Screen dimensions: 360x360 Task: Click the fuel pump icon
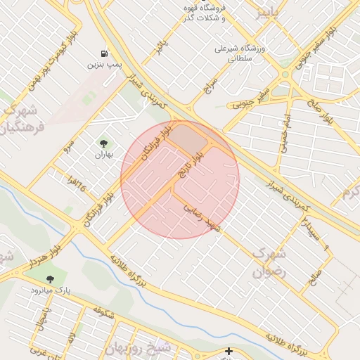tap(105, 53)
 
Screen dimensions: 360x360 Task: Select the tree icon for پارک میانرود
tap(49, 279)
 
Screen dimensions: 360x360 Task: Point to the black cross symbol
tap(228, 350)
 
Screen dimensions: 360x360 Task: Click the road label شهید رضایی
tap(202, 218)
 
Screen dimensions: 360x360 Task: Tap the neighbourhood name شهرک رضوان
tap(269, 260)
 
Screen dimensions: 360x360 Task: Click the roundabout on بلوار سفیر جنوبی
tap(285, 74)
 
